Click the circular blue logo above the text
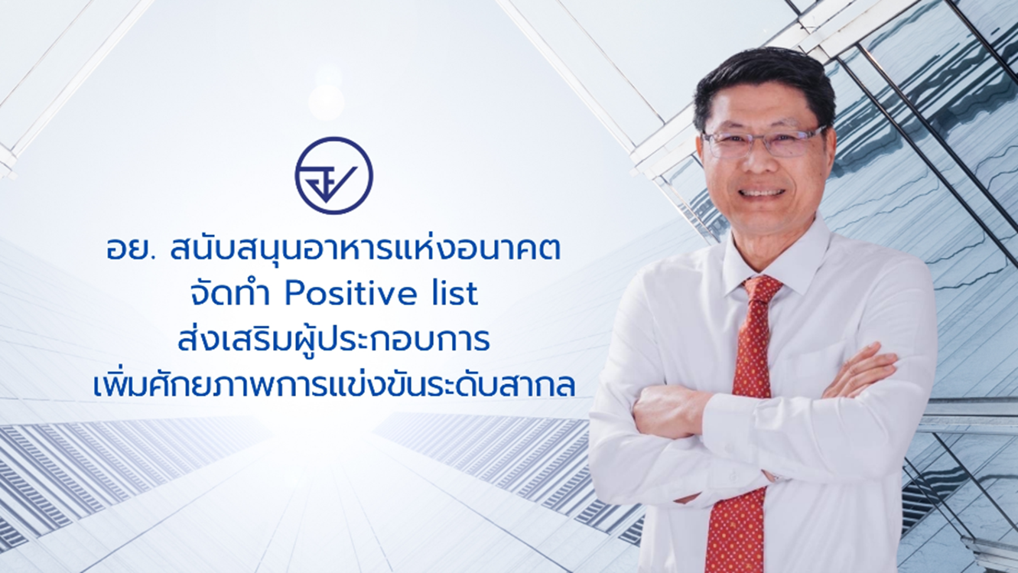pos(333,175)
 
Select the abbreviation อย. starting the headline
pos(126,252)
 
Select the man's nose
pos(759,164)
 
